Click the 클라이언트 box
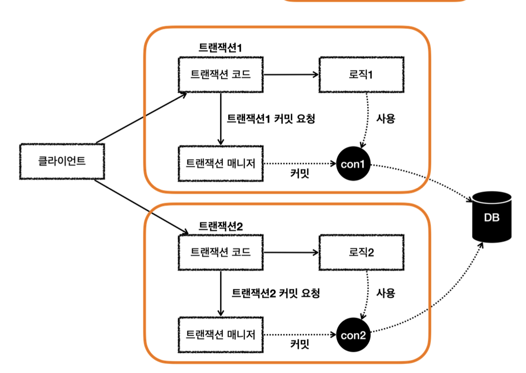(62, 161)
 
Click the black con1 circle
(353, 164)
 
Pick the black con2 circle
(353, 335)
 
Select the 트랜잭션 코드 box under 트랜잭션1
(221, 74)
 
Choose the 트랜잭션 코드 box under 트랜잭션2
(221, 252)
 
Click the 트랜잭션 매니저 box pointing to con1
(221, 164)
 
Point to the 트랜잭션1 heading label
(221, 48)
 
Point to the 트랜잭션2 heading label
(221, 226)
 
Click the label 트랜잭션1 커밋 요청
(270, 119)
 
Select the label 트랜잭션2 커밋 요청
(276, 294)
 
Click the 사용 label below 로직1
(386, 119)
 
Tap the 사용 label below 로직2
(386, 293)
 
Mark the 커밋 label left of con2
(300, 345)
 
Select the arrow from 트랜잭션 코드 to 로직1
(291, 75)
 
